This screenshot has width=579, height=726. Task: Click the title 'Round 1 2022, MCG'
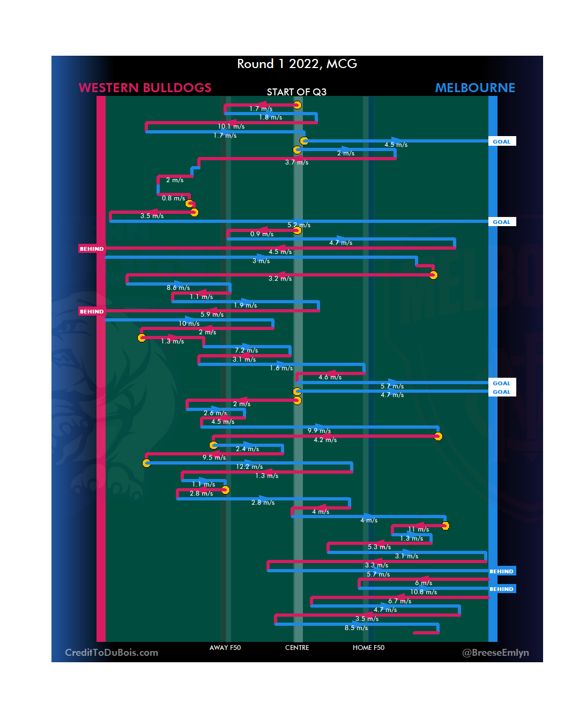[x=297, y=64]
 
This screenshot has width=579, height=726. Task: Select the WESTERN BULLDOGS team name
[x=145, y=88]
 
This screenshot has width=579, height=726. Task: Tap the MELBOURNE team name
[x=474, y=88]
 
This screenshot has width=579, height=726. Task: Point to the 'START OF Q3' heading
[x=296, y=92]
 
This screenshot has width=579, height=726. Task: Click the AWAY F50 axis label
[x=225, y=648]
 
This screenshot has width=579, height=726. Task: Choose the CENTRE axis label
[x=297, y=648]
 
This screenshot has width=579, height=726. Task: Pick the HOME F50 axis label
[x=368, y=648]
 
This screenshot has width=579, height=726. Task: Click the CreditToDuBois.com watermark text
[x=112, y=653]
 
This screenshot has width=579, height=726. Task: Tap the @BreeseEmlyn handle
[x=495, y=653]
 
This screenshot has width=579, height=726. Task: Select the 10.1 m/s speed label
[x=231, y=126]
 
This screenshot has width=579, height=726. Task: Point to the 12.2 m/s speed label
[x=249, y=467]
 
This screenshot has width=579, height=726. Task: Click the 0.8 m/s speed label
[x=173, y=198]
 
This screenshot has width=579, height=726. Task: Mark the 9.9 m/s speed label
[x=319, y=431]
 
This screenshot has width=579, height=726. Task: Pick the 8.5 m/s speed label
[x=356, y=628]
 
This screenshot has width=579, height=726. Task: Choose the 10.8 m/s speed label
[x=424, y=592]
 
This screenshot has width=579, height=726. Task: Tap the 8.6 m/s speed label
[x=178, y=288]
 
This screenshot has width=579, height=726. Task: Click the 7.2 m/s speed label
[x=246, y=350]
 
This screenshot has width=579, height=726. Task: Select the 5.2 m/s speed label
[x=299, y=225]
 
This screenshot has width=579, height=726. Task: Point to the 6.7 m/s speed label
[x=399, y=601]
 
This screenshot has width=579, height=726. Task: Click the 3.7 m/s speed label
[x=296, y=162]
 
